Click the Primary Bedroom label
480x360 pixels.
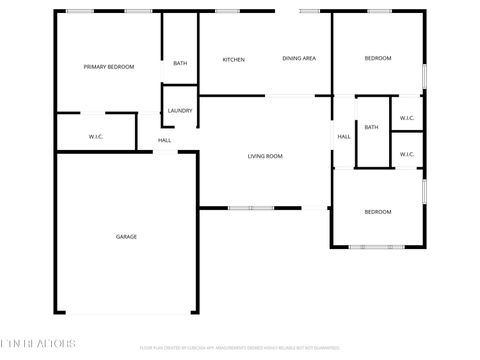click(x=109, y=67)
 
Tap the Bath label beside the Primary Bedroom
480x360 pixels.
click(x=180, y=64)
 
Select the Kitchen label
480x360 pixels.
click(x=233, y=60)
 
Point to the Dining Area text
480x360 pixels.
click(x=299, y=59)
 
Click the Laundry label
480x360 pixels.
click(x=180, y=111)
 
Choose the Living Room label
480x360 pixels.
click(x=265, y=156)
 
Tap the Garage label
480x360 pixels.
click(x=126, y=237)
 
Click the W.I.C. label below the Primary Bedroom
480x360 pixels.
click(x=96, y=136)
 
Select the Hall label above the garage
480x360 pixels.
click(x=164, y=140)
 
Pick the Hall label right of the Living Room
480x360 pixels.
click(x=343, y=136)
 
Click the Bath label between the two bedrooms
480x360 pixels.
click(x=371, y=127)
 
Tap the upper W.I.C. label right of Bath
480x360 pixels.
click(x=407, y=118)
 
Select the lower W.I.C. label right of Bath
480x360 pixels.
click(x=407, y=154)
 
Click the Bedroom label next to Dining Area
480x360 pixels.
click(x=377, y=59)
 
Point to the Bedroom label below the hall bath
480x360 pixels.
click(x=377, y=212)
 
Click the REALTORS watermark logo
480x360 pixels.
click(x=38, y=344)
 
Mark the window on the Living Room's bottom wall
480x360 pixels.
click(x=250, y=208)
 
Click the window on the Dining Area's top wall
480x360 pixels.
click(x=310, y=11)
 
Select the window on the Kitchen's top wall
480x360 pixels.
click(x=227, y=11)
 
